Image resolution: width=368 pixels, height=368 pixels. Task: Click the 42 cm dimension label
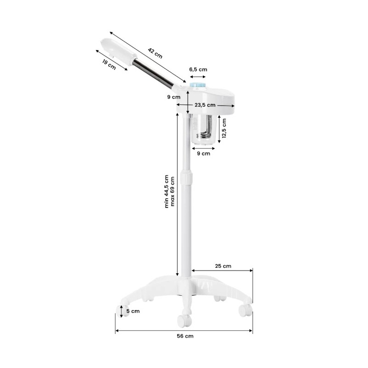(x=155, y=53)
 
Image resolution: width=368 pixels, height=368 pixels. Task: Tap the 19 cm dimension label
(x=109, y=64)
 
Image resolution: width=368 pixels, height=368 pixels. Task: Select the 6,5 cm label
(x=198, y=69)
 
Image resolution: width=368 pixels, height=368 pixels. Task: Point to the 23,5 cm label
(x=205, y=105)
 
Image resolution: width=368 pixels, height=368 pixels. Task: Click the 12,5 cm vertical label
(x=224, y=128)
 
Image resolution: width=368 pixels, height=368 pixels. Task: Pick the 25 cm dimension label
(x=223, y=266)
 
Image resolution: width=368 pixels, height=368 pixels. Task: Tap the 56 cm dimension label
(x=185, y=336)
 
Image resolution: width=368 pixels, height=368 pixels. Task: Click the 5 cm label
(x=133, y=311)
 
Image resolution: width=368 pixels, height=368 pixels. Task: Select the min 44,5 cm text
(x=167, y=191)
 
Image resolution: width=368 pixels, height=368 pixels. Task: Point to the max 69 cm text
(x=172, y=191)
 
